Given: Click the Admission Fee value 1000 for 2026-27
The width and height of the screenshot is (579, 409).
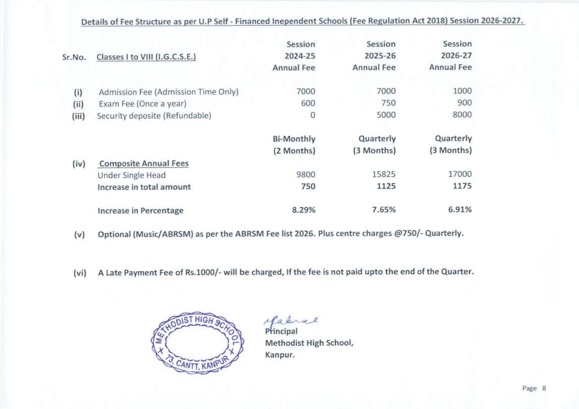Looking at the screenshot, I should (462, 91).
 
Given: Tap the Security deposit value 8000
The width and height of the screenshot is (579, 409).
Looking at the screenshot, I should (462, 115).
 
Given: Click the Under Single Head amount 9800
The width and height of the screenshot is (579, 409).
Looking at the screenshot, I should (305, 174).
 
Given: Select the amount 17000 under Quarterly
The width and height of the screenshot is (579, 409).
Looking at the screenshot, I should (460, 174).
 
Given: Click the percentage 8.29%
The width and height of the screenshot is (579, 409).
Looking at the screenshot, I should (304, 209).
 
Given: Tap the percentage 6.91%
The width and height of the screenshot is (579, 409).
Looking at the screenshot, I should (460, 209).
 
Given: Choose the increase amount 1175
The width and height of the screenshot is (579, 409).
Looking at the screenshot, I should (462, 186).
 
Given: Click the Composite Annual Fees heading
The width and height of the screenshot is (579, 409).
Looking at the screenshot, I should (144, 163).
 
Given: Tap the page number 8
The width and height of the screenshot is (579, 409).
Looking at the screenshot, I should (543, 388).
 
